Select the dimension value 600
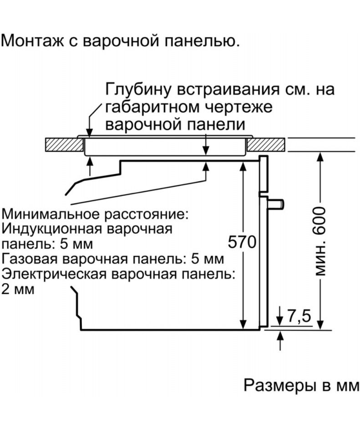tap(320, 221)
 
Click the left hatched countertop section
tap(64, 146)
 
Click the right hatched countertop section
tap(267, 146)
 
